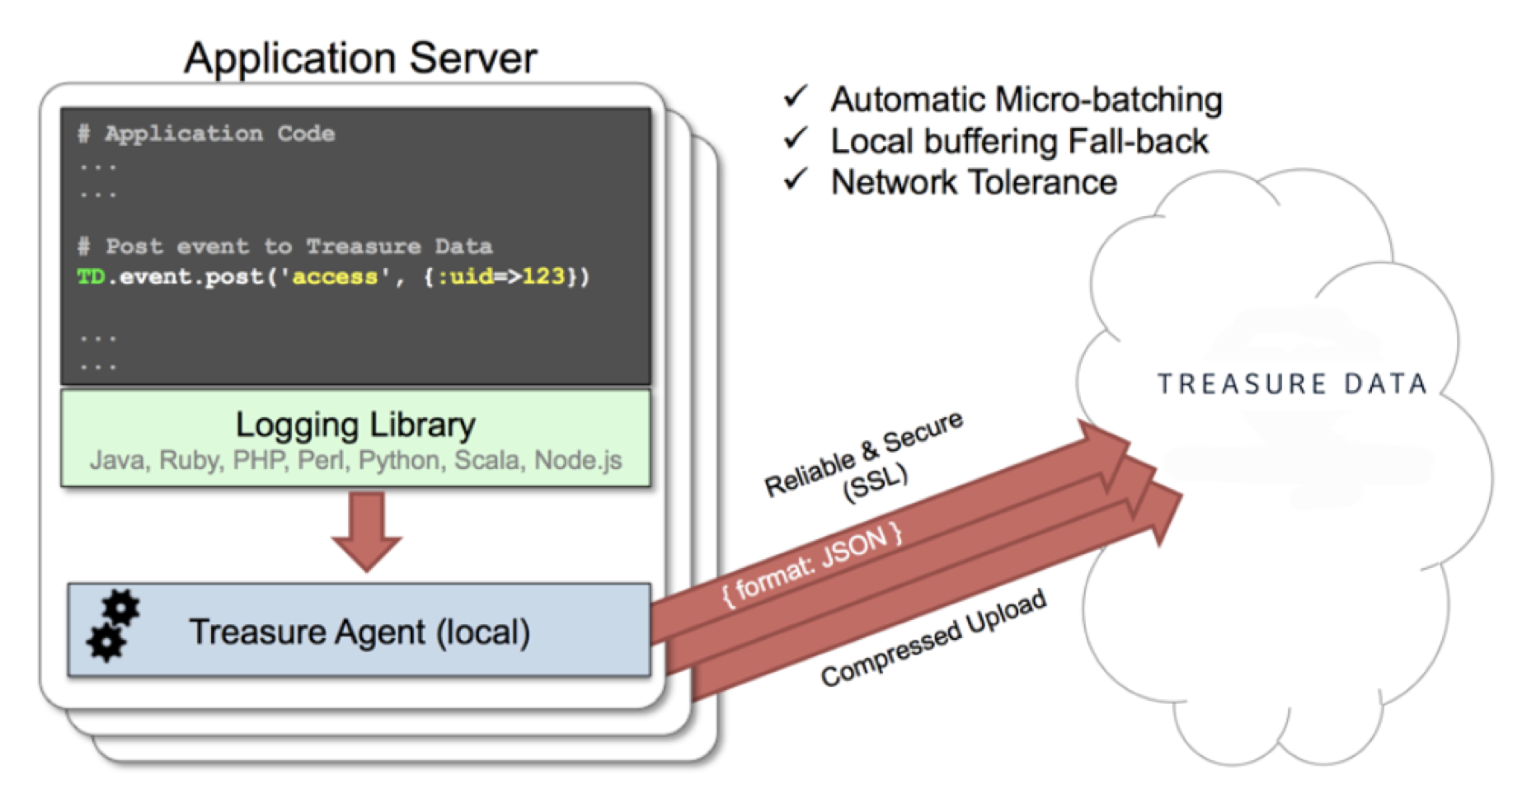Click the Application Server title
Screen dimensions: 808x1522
[360, 58]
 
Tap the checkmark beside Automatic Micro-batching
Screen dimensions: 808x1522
[796, 97]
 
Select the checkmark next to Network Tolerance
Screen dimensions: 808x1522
[796, 180]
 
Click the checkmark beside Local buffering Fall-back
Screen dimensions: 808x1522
[796, 139]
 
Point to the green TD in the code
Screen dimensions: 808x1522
[91, 276]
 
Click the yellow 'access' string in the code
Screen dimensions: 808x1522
[335, 276]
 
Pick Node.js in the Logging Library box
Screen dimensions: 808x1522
[578, 460]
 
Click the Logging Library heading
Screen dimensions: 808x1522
[355, 425]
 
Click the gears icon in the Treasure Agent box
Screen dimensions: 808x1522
[113, 627]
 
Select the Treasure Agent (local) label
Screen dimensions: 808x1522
[359, 632]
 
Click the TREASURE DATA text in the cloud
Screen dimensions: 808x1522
[1292, 384]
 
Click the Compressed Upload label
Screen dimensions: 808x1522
[933, 638]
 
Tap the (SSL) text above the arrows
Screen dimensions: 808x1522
[876, 482]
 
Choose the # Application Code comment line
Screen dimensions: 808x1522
[206, 134]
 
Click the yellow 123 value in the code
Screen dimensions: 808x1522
[543, 276]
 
